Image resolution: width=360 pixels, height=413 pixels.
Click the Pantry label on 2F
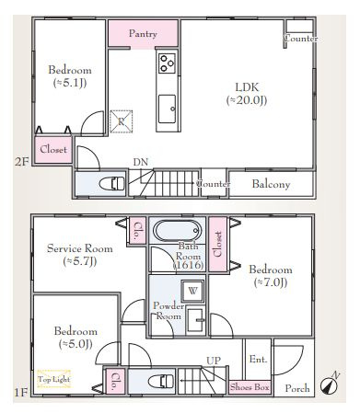pyautogui.click(x=143, y=33)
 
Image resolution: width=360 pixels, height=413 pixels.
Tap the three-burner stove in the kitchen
pyautogui.click(x=168, y=63)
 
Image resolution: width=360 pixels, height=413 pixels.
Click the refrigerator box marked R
pyautogui.click(x=122, y=121)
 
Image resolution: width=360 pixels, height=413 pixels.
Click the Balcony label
pyautogui.click(x=271, y=184)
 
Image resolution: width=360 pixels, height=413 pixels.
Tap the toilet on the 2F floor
pyautogui.click(x=111, y=183)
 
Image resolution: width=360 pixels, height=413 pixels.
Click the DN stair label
pyautogui.click(x=141, y=162)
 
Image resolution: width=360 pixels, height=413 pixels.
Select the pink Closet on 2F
pyautogui.click(x=53, y=150)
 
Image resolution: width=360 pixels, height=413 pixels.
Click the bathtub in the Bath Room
pyautogui.click(x=177, y=231)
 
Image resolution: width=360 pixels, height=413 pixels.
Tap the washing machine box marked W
pyautogui.click(x=192, y=291)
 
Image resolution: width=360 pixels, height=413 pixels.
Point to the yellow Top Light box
pyautogui.click(x=54, y=379)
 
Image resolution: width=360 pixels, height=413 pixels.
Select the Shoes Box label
pyautogui.click(x=250, y=387)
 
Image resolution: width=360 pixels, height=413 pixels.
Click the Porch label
pyautogui.click(x=297, y=388)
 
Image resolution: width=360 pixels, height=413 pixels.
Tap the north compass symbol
pyautogui.click(x=330, y=384)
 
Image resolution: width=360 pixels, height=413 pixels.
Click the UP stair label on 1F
pyautogui.click(x=214, y=361)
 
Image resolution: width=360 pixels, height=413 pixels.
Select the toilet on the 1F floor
pyautogui.click(x=161, y=382)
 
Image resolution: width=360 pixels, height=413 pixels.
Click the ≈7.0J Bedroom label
pyautogui.click(x=271, y=276)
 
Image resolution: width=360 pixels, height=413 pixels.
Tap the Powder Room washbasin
pyautogui.click(x=195, y=320)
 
